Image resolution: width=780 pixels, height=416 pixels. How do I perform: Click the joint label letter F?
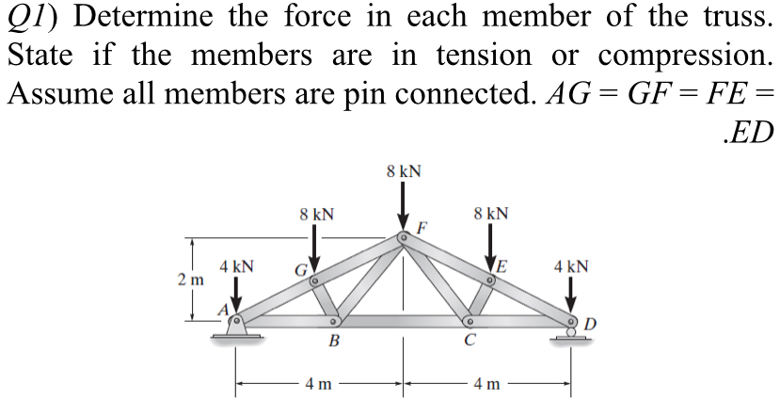click(x=422, y=227)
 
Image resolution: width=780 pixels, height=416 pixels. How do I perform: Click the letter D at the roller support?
click(x=589, y=326)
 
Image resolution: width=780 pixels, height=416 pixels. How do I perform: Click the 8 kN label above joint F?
click(x=404, y=172)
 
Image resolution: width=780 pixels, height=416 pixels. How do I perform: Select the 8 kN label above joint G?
click(x=314, y=214)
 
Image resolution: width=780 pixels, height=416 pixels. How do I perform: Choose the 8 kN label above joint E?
click(x=493, y=214)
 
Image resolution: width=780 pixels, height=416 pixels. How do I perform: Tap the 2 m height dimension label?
click(x=189, y=280)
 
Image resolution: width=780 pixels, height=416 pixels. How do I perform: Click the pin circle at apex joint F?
click(x=404, y=236)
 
